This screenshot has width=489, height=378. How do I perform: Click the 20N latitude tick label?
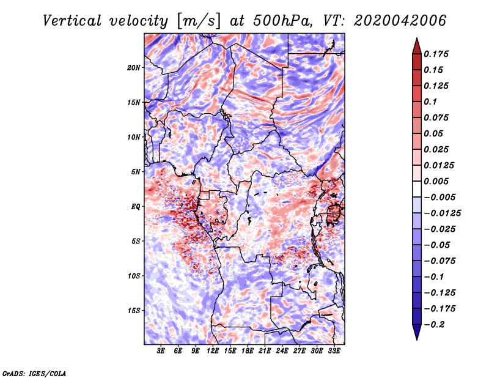[134, 67]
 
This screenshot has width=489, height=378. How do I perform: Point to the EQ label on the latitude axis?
[136, 207]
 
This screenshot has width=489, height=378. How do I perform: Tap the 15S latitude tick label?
[134, 311]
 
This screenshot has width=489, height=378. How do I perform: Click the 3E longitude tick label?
[161, 351]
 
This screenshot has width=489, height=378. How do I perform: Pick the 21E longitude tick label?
[265, 351]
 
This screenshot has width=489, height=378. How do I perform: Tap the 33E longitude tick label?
[334, 351]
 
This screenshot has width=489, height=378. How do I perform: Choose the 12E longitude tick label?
[213, 351]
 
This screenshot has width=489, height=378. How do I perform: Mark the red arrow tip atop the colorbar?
[416, 40]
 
